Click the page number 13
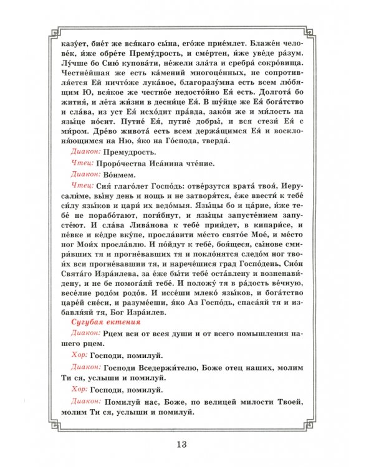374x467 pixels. coord(181,444)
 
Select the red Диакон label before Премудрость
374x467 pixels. coord(86,151)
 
